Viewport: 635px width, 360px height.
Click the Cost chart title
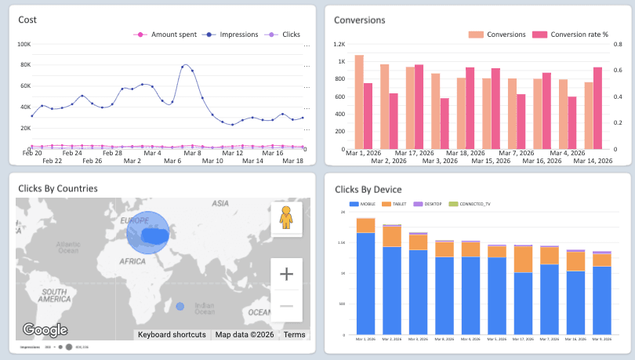[27, 20]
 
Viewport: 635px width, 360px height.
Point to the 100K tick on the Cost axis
[24, 44]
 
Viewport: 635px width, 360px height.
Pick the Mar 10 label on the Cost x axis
[212, 161]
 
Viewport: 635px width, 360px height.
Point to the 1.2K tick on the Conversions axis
[339, 45]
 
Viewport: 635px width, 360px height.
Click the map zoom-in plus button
[286, 274]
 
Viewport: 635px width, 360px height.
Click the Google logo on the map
[45, 330]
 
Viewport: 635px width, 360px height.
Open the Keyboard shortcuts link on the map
[172, 335]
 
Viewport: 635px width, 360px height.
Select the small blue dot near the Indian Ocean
[180, 307]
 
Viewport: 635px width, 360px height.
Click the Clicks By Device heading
[368, 189]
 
